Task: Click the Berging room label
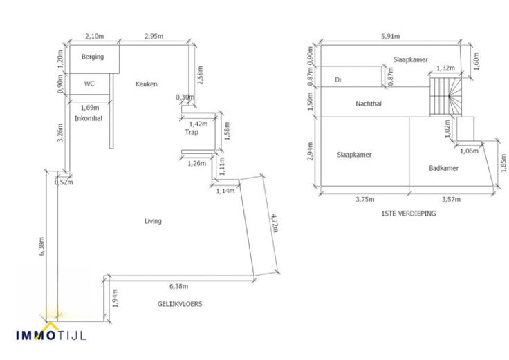(92, 57)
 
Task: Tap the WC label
(89, 84)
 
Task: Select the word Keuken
(147, 84)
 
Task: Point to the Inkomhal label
(89, 118)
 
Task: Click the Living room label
(153, 221)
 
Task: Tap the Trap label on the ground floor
(192, 132)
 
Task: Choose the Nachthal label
(369, 104)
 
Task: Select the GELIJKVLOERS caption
(180, 303)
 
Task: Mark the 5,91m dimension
(391, 36)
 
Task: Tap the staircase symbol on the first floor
(443, 97)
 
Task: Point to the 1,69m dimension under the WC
(90, 107)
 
